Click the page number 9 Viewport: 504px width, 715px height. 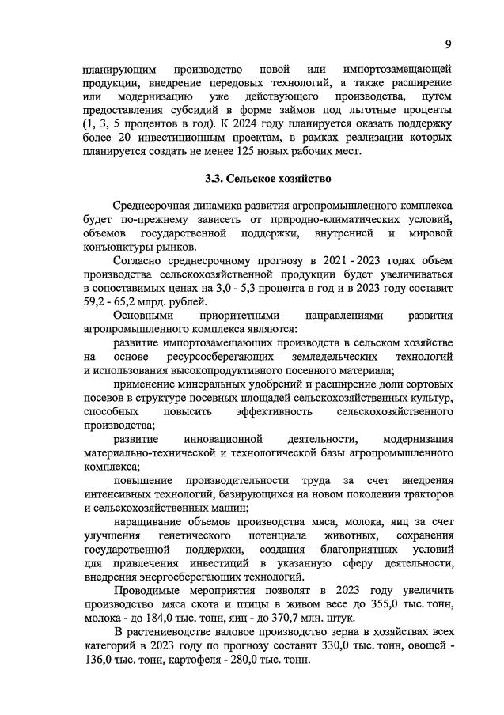448,44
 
